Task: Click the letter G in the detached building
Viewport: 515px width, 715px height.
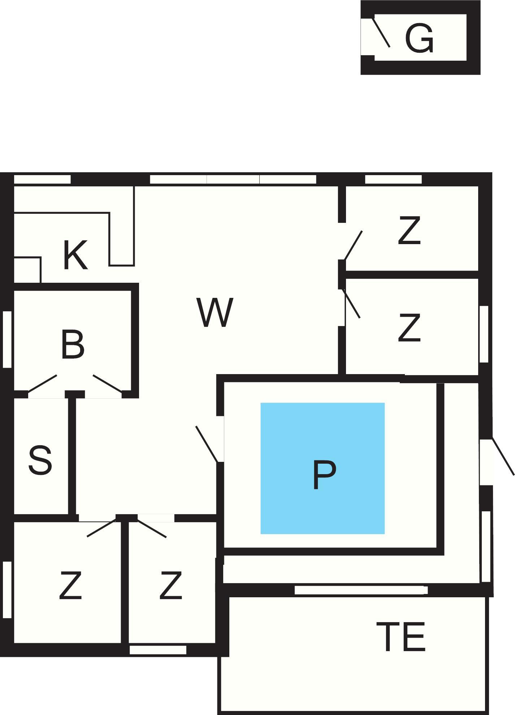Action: coord(419,38)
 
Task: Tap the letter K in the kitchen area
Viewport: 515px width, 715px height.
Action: coord(75,255)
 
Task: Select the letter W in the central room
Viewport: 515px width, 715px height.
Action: coord(215,312)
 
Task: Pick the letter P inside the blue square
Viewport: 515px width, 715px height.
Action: coord(324,474)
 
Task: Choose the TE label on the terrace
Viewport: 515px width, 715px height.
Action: coord(401,637)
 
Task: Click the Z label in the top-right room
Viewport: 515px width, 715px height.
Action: coord(409,230)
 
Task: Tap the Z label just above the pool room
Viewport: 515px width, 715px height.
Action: coord(409,327)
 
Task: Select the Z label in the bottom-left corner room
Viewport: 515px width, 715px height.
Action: coord(70,585)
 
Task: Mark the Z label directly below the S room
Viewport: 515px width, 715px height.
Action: coord(170,585)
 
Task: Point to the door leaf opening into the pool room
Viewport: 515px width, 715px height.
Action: coord(207,444)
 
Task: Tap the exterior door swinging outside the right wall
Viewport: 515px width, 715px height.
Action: coord(503,456)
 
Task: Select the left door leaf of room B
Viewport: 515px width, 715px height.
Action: coord(42,383)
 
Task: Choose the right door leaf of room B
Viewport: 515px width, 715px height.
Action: coord(107,383)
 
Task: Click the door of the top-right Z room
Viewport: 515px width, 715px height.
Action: coord(353,246)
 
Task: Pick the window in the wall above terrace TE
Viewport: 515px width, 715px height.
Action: coord(361,590)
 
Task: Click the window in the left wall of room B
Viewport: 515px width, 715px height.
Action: coord(7,339)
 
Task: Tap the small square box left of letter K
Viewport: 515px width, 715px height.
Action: coord(27,270)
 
